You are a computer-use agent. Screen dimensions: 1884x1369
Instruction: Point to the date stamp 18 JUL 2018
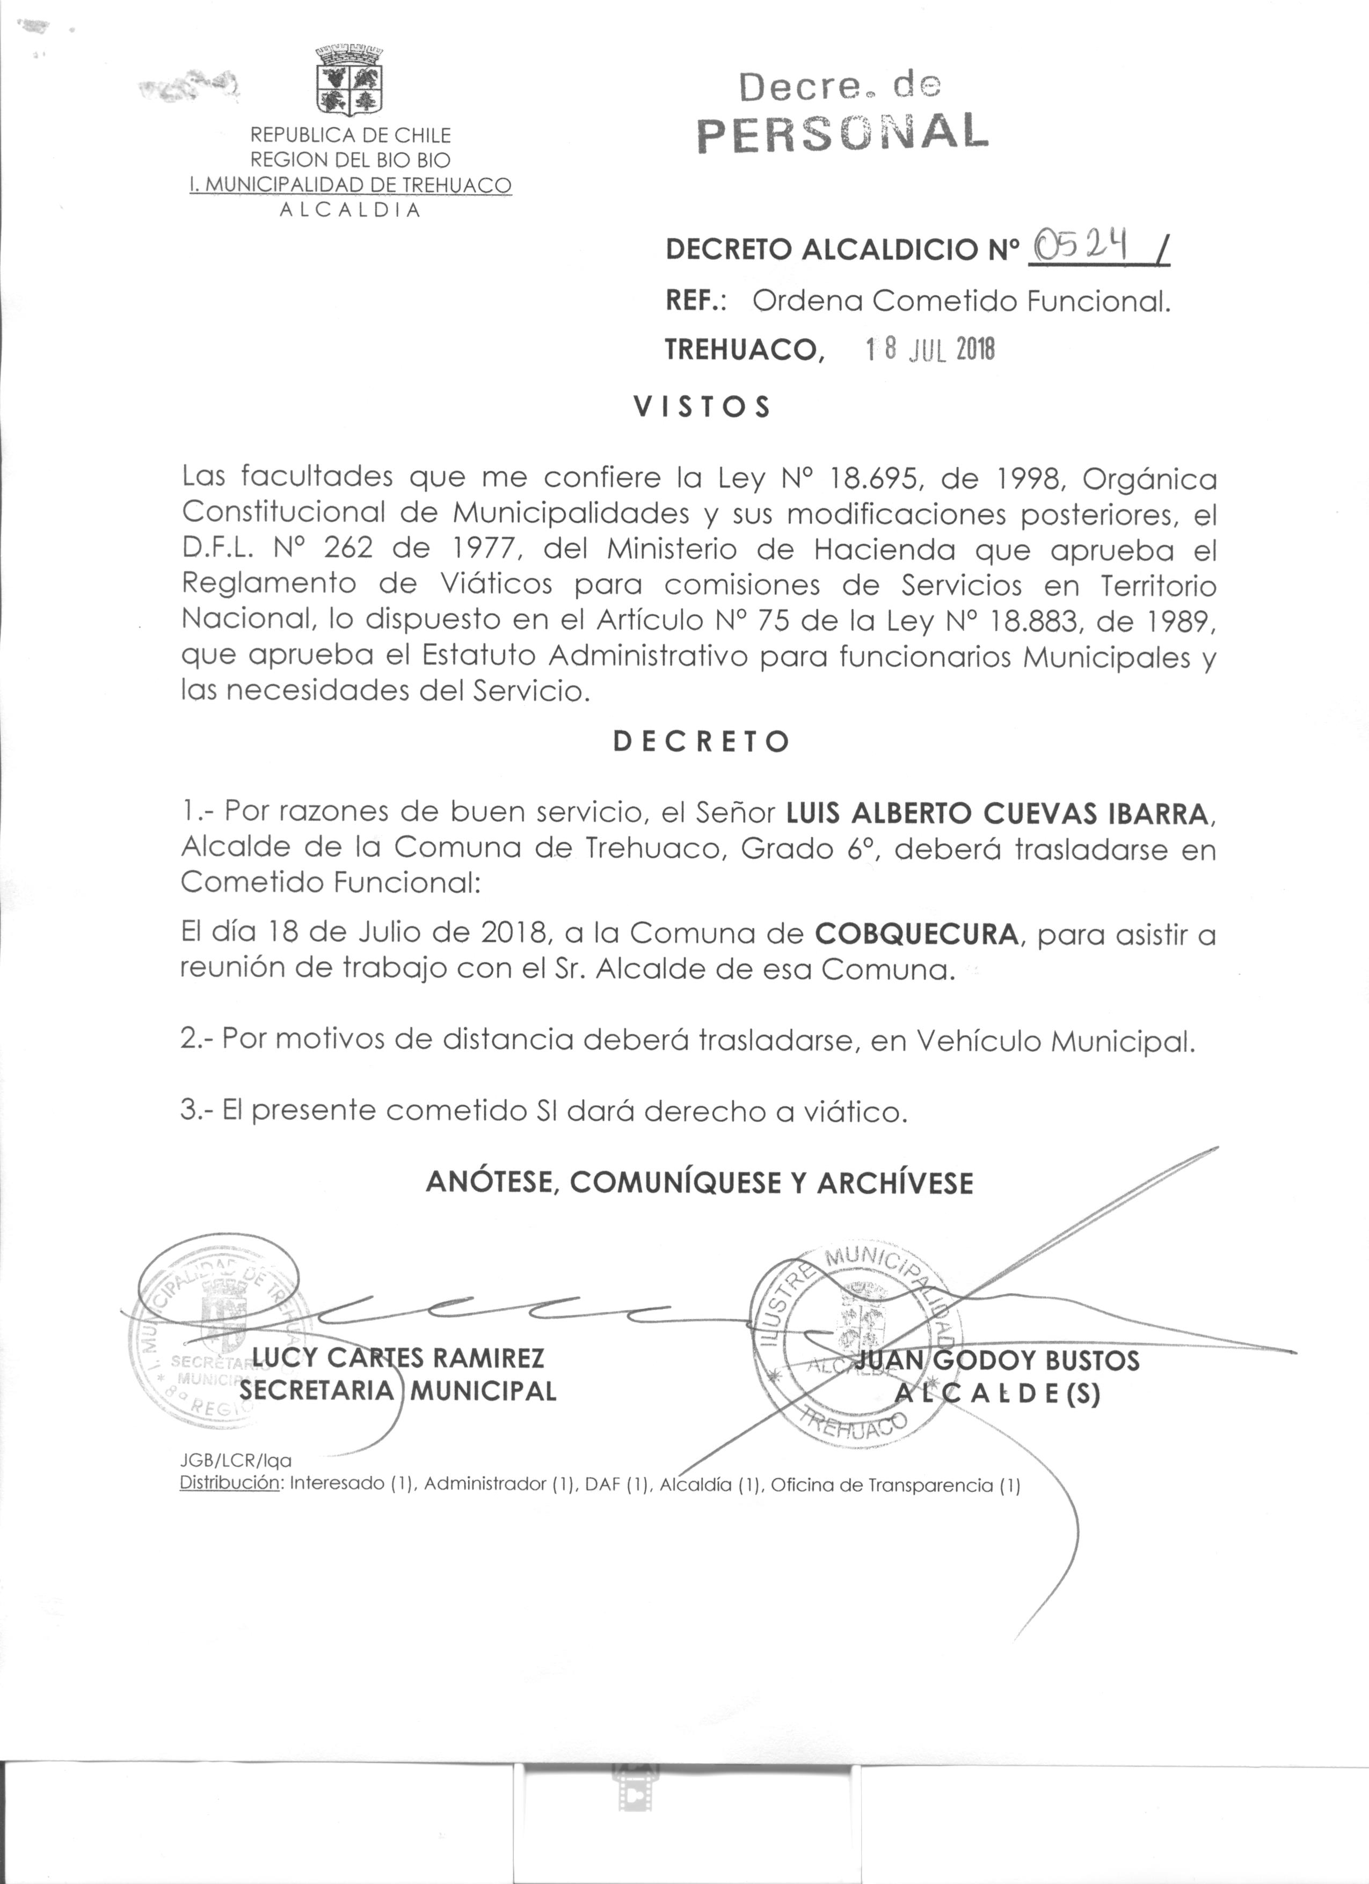click(x=929, y=350)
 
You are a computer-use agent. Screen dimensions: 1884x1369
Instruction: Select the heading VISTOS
click(x=702, y=407)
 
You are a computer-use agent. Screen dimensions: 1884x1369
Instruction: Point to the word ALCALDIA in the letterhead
click(x=349, y=210)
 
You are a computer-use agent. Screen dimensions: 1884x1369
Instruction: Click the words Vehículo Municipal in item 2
click(x=1053, y=1041)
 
